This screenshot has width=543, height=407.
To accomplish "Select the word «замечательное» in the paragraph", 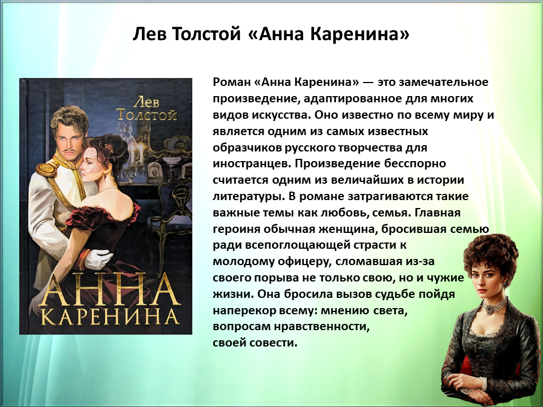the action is tap(443, 83).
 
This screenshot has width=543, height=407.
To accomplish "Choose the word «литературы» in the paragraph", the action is tap(249, 197).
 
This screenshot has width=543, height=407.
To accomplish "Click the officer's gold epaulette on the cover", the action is tap(48, 168).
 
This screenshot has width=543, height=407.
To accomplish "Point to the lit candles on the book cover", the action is tap(136, 155).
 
